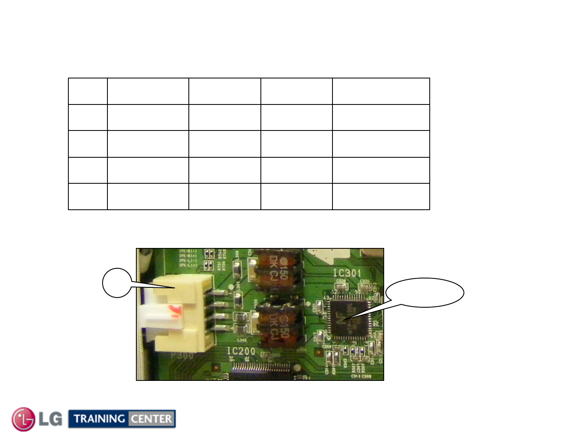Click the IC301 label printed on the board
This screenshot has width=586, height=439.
pos(347,273)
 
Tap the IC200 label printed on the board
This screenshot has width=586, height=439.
pos(241,351)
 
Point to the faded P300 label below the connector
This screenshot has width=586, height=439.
pos(182,355)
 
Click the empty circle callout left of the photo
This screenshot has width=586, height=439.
pos(117,283)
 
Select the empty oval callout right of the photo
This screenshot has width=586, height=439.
pos(424,293)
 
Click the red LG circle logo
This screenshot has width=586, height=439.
pos(24,419)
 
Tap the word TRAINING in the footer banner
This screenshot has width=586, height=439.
pos(99,419)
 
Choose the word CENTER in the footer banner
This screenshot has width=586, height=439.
pos(151,419)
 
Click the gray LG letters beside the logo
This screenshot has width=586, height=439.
pos(50,419)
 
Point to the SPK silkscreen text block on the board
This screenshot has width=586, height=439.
pos(188,258)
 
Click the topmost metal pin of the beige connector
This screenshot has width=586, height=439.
pos(220,293)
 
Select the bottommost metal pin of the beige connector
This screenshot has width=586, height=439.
pos(220,328)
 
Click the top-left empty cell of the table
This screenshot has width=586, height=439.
pos(88,91)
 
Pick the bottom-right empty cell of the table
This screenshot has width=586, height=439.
pos(381,197)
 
